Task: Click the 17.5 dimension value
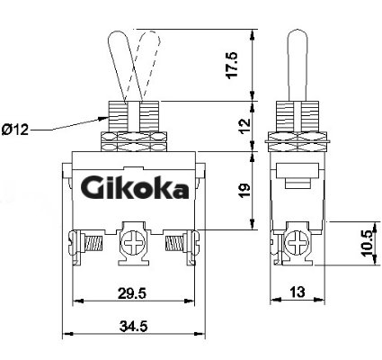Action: [x=232, y=66]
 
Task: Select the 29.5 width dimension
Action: [x=132, y=293]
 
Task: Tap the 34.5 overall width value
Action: [x=134, y=326]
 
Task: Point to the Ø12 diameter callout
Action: [x=15, y=130]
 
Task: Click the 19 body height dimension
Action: [x=244, y=190]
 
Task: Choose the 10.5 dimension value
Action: [x=369, y=243]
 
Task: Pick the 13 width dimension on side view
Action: [x=298, y=292]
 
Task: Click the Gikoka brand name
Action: [x=135, y=188]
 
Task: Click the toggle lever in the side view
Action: [x=298, y=65]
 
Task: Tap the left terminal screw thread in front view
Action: [x=94, y=243]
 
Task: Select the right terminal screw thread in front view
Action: [x=175, y=243]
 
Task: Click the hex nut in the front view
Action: [x=134, y=141]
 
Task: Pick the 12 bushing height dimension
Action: [x=244, y=126]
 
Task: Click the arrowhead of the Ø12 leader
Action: [x=103, y=119]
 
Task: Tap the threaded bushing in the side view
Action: [x=298, y=116]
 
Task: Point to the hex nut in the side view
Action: [x=298, y=141]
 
